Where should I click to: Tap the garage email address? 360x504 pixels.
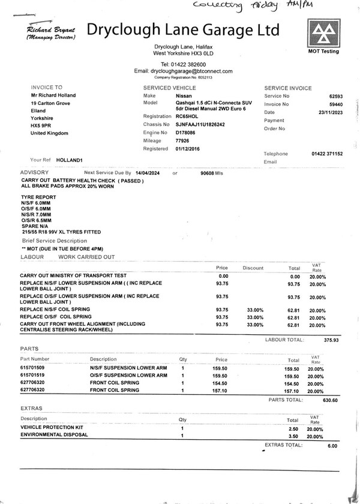(191, 71)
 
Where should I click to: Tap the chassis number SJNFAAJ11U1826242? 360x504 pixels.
(200, 124)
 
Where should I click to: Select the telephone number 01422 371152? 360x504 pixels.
(326, 154)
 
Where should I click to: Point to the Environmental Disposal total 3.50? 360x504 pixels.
(293, 437)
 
